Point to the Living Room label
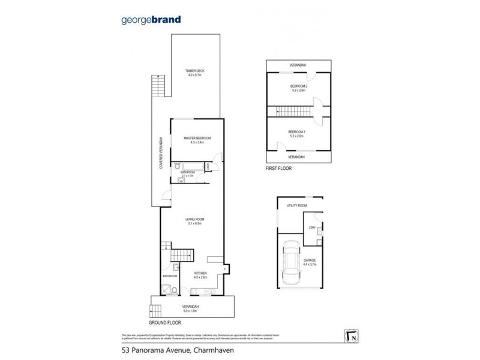[195, 221]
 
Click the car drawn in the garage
[292, 262]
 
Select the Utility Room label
[296, 206]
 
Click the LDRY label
[312, 227]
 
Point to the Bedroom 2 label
[298, 87]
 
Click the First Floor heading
[278, 169]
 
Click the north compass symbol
[353, 335]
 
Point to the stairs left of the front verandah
[155, 310]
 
